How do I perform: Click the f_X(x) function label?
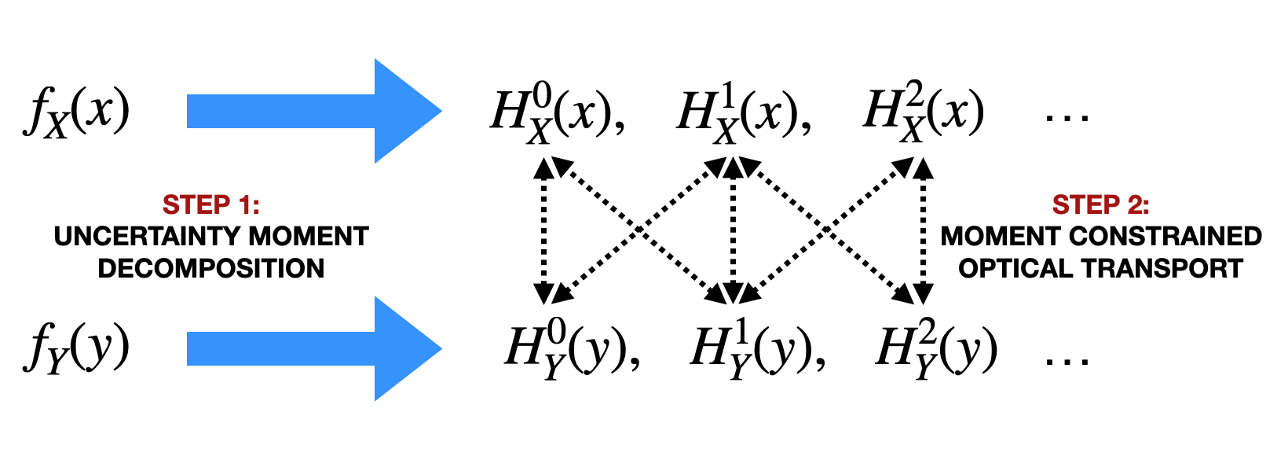click(75, 112)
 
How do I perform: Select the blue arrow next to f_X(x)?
click(314, 111)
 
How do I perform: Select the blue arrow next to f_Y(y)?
click(314, 348)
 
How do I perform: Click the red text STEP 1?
click(210, 205)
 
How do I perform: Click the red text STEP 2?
click(1100, 205)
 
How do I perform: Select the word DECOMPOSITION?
click(210, 268)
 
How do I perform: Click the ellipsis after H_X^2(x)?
click(1067, 118)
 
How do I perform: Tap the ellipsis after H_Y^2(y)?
click(1067, 360)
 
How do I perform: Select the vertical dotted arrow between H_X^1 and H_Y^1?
click(733, 230)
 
